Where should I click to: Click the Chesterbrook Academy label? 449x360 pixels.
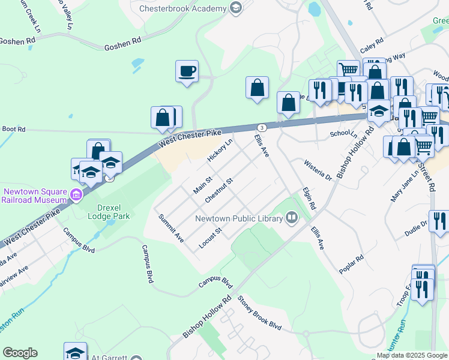coord(182,8)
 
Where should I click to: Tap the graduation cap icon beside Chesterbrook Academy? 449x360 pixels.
coord(236,8)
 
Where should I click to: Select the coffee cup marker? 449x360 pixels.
coord(187,71)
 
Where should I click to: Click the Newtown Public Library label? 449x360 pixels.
coord(238,218)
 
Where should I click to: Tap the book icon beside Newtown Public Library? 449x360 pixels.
coord(292,217)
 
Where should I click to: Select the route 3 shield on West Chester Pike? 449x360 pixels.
coord(262,128)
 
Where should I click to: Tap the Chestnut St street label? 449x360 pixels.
coord(218,189)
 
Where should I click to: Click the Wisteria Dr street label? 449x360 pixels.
coord(318,170)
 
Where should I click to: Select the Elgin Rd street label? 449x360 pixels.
coord(310,197)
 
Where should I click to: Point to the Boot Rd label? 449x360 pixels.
coord(13,129)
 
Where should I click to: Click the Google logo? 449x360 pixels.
coord(20,353)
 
